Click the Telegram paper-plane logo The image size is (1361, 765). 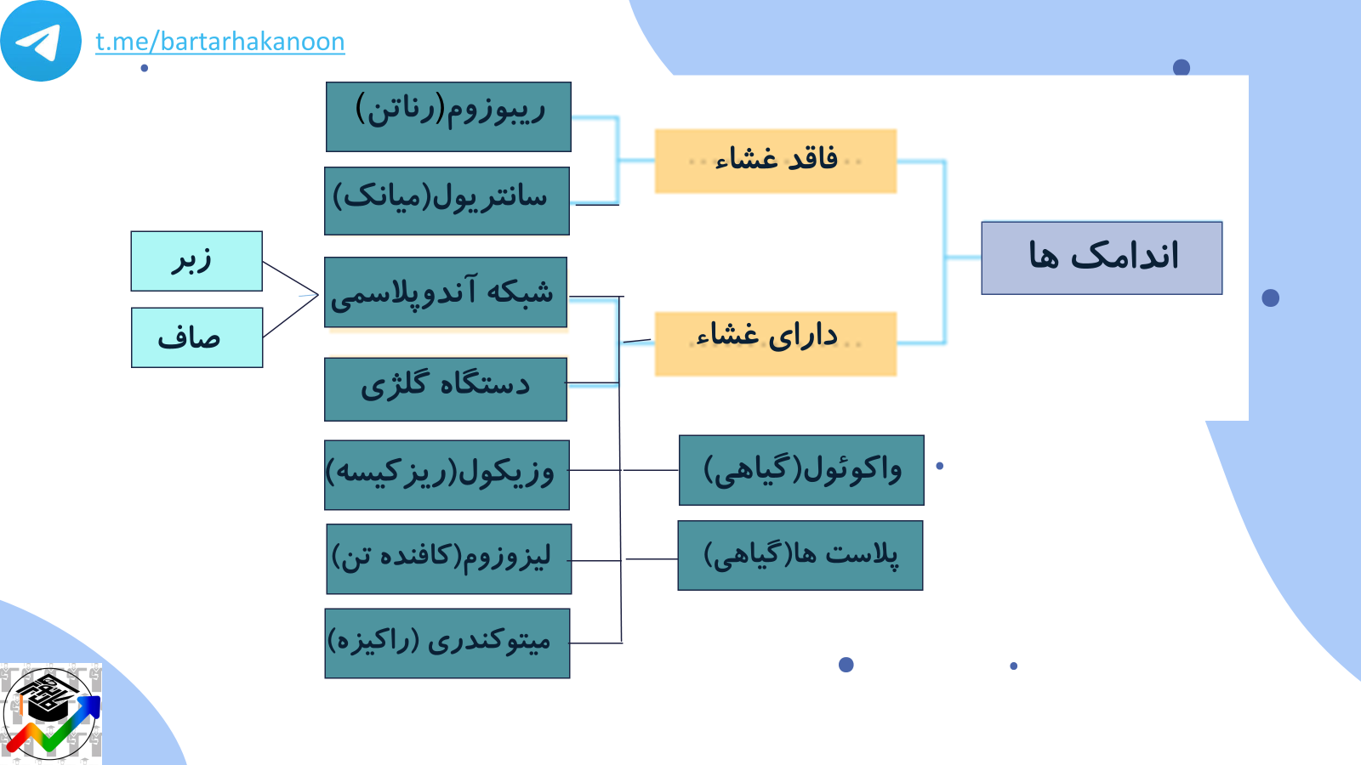coord(41,41)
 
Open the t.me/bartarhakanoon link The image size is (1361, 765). coord(220,42)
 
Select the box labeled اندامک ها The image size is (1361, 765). coord(1102,258)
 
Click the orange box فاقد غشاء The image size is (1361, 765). coord(775,161)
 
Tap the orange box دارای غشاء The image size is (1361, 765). coord(775,343)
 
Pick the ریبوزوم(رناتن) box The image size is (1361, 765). coord(448,116)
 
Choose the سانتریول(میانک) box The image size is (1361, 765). coord(447,201)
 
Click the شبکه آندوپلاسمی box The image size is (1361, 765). coord(446,292)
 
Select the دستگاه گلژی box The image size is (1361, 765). coord(446,389)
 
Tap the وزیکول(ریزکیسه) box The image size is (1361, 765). coord(447,475)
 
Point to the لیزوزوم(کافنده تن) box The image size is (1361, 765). coord(448,558)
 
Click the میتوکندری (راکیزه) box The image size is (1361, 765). coord(447,643)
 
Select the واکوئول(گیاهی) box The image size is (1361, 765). coord(801,470)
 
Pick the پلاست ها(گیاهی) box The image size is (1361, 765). coord(800,555)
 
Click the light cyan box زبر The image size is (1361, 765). coord(196,261)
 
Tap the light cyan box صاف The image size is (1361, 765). coord(196,337)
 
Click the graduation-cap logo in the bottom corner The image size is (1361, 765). coord(51,714)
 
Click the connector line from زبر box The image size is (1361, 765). coord(290,278)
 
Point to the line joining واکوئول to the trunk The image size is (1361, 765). coord(651,470)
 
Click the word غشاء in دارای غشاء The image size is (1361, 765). coord(728,336)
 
